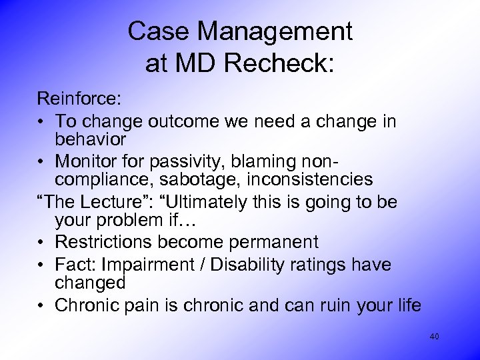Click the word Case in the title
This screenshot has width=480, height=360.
point(156,31)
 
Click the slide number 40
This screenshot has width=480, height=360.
point(434,337)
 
